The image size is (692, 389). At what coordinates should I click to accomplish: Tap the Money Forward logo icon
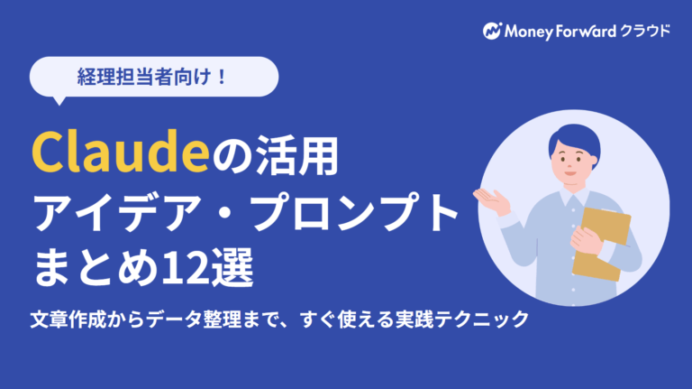pyautogui.click(x=491, y=30)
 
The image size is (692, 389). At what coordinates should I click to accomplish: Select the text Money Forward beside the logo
pyautogui.click(x=559, y=30)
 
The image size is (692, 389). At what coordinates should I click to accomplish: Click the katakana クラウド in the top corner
pyautogui.click(x=645, y=30)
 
